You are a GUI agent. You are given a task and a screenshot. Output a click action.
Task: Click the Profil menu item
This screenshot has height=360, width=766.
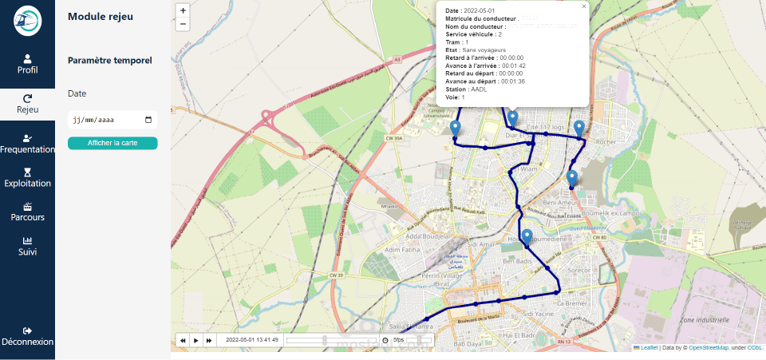[27, 64]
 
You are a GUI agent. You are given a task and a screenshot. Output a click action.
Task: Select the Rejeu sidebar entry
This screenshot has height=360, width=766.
[27, 104]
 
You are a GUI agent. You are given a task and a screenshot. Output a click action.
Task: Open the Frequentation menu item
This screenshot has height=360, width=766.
[27, 144]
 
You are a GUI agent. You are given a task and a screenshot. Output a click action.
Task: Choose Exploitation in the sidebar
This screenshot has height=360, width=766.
[27, 177]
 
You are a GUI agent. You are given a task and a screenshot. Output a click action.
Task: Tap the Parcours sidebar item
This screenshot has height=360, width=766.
[27, 212]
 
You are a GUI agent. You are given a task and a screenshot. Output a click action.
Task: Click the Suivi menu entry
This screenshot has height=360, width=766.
[27, 246]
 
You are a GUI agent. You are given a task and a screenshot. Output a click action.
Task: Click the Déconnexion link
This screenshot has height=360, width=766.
[27, 336]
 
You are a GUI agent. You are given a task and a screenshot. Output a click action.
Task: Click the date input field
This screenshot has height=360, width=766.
[112, 121]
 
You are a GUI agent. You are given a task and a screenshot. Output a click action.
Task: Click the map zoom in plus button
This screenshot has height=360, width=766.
[184, 11]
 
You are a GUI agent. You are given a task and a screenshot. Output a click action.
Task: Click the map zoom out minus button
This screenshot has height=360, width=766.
[184, 24]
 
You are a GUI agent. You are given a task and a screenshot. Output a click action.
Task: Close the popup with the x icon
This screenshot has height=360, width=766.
[584, 6]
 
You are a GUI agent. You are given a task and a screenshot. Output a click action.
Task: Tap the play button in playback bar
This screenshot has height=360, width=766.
[195, 340]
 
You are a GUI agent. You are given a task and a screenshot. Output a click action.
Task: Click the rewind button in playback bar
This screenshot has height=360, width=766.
[183, 340]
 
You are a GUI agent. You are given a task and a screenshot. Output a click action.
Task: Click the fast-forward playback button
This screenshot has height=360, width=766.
[209, 340]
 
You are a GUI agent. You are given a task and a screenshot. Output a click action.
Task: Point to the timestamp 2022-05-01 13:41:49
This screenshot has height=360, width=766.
[251, 340]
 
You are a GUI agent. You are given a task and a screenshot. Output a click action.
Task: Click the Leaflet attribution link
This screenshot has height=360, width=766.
[649, 348]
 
